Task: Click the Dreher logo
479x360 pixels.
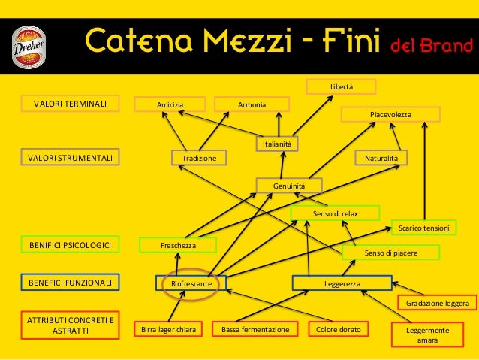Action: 30,44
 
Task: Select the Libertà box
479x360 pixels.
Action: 342,88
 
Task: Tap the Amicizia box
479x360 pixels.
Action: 170,104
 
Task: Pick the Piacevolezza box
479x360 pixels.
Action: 390,114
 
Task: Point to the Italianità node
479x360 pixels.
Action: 278,144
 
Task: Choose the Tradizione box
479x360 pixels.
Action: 199,158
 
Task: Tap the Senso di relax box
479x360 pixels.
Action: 335,213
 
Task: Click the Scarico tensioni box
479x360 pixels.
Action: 423,227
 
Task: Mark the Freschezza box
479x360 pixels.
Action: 179,245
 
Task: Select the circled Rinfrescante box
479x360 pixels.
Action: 191,284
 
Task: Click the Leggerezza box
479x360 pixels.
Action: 342,283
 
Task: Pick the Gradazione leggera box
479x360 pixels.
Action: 437,304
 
